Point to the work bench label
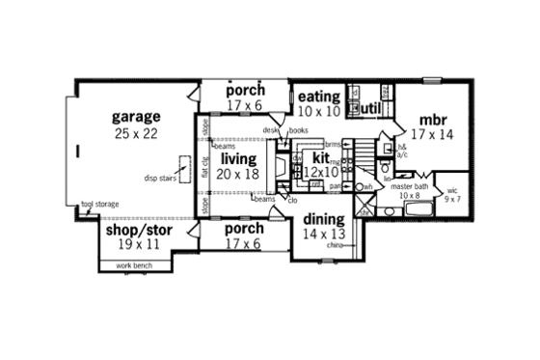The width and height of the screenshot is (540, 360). [x=135, y=264]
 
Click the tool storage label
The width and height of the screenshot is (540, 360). [x=101, y=205]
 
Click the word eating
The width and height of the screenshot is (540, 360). [x=318, y=97]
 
